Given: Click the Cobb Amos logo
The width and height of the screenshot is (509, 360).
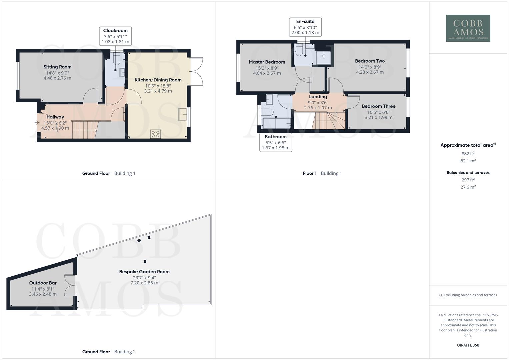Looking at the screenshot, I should [468, 28].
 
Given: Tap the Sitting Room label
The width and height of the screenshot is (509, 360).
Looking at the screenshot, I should [57, 67].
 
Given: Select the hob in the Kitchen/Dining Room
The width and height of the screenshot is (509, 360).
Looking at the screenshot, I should [156, 134].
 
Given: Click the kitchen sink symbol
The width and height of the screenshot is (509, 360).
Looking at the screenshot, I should [183, 114].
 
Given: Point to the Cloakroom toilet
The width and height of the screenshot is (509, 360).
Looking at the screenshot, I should [116, 59].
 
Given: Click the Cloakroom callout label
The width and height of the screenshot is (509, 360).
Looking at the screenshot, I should [115, 36].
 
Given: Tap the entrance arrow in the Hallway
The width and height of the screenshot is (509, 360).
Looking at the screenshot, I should [36, 123].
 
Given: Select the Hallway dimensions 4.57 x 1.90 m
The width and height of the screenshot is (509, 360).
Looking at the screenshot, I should [55, 128].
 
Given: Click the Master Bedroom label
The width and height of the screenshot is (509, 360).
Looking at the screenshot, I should [267, 62].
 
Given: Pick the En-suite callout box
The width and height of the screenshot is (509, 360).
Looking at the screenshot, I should [305, 27].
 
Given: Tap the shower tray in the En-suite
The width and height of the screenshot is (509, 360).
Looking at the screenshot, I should [324, 57].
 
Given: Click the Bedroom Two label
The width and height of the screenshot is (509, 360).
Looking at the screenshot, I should [370, 61].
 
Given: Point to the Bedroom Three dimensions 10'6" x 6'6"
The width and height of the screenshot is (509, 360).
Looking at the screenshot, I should [378, 112].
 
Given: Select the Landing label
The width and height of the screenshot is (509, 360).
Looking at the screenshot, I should [318, 97].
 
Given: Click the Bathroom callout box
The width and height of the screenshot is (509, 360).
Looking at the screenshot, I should [275, 142].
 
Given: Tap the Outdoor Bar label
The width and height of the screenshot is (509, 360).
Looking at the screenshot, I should [43, 283].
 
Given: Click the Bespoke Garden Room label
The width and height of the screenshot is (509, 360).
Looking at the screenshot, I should [144, 272].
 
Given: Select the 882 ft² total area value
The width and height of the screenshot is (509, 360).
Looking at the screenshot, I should [468, 154].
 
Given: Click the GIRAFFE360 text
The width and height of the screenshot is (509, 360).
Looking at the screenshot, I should [468, 345].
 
